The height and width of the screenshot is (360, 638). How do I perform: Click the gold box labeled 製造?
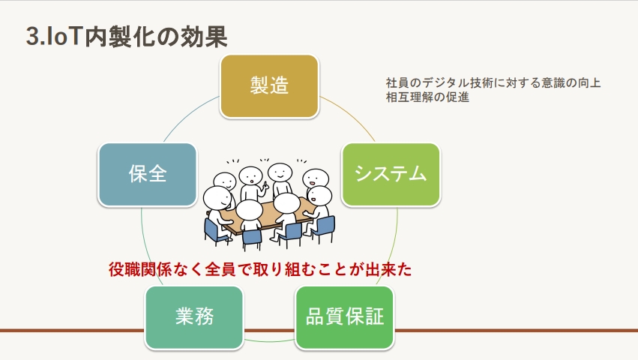pos(269,86)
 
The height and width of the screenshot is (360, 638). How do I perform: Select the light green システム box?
pos(391,174)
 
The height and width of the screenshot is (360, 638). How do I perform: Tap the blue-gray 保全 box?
pos(147,174)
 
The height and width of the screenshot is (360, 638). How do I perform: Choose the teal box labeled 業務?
pos(194,317)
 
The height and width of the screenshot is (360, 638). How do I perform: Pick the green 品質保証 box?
pos(345,317)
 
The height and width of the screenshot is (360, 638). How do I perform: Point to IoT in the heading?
pos(65,37)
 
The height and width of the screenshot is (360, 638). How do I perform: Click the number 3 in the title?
pos(32,37)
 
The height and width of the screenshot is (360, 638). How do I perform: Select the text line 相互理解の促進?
pos(427,97)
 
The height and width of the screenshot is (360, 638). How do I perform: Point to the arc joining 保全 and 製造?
pos(189,116)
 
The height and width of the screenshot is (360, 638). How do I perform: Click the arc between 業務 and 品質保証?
pos(269,340)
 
